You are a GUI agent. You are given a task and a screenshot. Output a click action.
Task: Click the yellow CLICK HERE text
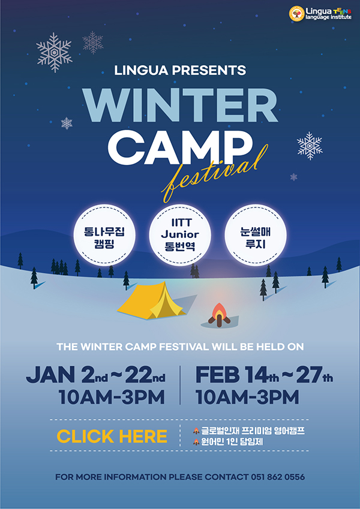(112, 436)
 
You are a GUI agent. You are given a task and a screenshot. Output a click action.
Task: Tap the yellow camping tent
(152, 300)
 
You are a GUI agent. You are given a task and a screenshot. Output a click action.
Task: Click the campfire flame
(220, 311)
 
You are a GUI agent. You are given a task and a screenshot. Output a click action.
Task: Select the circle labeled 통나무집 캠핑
(104, 235)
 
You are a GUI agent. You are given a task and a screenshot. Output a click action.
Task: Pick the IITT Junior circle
(179, 235)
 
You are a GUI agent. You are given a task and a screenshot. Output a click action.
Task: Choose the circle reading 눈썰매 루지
(256, 235)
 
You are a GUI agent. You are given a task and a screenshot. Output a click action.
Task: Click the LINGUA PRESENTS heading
(180, 70)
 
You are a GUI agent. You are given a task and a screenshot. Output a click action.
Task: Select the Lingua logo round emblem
(296, 14)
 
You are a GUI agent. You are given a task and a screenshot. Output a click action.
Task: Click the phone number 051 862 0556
(278, 477)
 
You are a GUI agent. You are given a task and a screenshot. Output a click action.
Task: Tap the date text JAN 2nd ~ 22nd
(95, 375)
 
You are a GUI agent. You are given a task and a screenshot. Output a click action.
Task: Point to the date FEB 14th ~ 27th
(264, 375)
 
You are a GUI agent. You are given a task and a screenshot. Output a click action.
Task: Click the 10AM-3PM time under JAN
(112, 397)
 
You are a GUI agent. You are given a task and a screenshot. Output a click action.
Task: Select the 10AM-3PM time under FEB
(247, 397)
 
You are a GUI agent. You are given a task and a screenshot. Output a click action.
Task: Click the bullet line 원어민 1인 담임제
(228, 442)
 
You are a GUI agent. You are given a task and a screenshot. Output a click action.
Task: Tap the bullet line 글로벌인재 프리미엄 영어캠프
(249, 431)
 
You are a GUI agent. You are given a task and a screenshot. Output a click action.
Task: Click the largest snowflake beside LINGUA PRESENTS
(54, 52)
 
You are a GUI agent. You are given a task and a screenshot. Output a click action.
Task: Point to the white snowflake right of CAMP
(310, 146)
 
